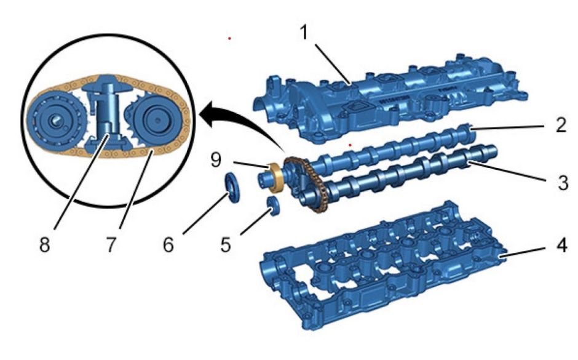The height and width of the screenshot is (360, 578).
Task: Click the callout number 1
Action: tap(304, 33)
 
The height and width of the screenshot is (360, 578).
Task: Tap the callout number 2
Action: tap(561, 125)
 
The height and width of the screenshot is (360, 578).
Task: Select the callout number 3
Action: tap(563, 183)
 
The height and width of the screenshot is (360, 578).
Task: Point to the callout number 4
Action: tap(561, 246)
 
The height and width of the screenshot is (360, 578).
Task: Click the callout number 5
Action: tap(226, 245)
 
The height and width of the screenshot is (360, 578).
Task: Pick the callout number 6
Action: tap(168, 245)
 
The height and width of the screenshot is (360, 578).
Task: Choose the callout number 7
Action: tap(111, 244)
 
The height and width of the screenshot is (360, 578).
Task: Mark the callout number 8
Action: tap(45, 244)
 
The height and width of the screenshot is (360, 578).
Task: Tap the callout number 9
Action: tap(216, 160)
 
